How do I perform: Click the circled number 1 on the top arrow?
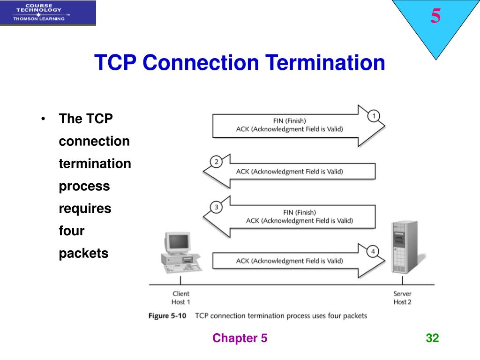click(x=374, y=116)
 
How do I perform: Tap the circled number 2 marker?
click(x=216, y=162)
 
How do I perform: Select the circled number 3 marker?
click(x=216, y=207)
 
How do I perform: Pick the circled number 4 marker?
click(x=373, y=252)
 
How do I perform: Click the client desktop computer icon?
click(x=180, y=253)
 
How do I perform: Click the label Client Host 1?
click(x=181, y=298)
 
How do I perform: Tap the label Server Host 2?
click(x=402, y=298)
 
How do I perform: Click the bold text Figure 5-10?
click(x=167, y=316)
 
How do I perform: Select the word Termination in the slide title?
click(x=325, y=63)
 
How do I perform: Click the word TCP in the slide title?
click(x=115, y=63)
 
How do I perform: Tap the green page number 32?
click(x=432, y=338)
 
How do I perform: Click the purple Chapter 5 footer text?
click(x=240, y=338)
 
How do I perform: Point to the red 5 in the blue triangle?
click(x=436, y=17)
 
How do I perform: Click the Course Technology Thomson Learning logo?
click(x=48, y=13)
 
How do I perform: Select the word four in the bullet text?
click(x=71, y=231)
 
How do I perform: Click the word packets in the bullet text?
click(x=83, y=254)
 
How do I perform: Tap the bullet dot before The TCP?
click(x=43, y=119)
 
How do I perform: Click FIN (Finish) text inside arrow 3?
click(x=300, y=212)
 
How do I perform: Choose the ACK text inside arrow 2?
click(x=289, y=172)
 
